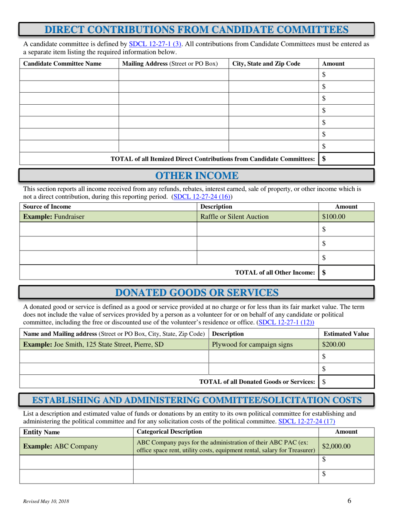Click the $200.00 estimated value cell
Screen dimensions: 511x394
tap(333, 344)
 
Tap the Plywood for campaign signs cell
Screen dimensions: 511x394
tap(252, 344)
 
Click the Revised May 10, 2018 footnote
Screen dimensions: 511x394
tap(46, 502)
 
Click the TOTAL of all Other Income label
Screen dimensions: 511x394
tap(275, 273)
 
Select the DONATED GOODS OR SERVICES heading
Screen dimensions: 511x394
tap(197, 292)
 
